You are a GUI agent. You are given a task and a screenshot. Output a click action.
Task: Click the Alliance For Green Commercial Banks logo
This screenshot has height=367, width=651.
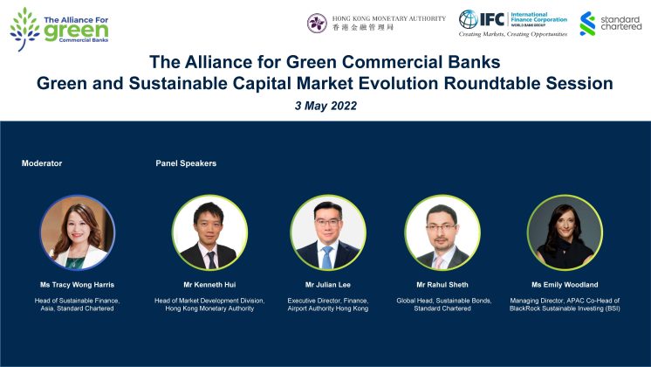tap(59, 29)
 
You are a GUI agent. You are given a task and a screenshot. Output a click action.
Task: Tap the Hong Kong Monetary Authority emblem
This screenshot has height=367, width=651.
tap(317, 23)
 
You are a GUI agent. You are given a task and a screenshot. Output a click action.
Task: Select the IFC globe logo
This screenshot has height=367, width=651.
tap(469, 19)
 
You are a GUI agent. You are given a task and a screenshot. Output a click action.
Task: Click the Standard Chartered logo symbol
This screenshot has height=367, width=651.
tap(587, 24)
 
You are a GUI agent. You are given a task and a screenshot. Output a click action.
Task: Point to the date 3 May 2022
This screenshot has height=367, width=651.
tap(325, 106)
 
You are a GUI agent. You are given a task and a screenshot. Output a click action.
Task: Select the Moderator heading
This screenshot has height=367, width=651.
tap(42, 163)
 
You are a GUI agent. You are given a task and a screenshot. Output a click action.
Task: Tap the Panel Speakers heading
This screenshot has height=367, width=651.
tap(186, 163)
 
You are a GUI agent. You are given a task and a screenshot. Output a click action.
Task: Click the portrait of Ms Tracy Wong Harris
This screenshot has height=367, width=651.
tap(77, 232)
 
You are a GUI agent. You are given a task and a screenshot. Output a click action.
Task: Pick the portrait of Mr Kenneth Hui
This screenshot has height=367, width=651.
tap(209, 232)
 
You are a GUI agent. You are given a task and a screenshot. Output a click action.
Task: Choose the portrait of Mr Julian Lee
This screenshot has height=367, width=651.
tap(328, 232)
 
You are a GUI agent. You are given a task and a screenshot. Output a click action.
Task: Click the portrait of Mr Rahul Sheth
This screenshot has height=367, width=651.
tap(442, 232)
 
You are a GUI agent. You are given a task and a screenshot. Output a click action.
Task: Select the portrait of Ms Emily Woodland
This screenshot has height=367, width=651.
tap(565, 232)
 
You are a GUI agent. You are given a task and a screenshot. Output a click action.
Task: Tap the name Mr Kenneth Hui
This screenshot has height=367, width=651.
tap(209, 285)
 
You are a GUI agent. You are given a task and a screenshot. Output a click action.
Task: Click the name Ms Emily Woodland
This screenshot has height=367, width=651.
tap(565, 285)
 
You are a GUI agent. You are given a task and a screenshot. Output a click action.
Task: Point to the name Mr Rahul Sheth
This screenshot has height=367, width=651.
tap(442, 285)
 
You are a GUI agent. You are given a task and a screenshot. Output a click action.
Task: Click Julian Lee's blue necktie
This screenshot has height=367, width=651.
tap(327, 257)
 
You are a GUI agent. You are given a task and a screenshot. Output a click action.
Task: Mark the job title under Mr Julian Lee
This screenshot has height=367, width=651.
tap(328, 304)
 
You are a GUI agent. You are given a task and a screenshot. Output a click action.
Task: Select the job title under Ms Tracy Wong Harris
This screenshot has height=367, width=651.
tap(77, 304)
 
